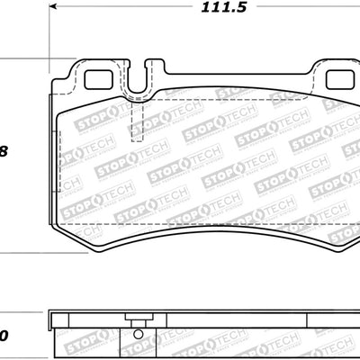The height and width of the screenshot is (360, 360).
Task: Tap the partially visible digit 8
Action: [x=4, y=151]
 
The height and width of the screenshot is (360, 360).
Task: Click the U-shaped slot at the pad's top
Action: [x=136, y=83]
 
